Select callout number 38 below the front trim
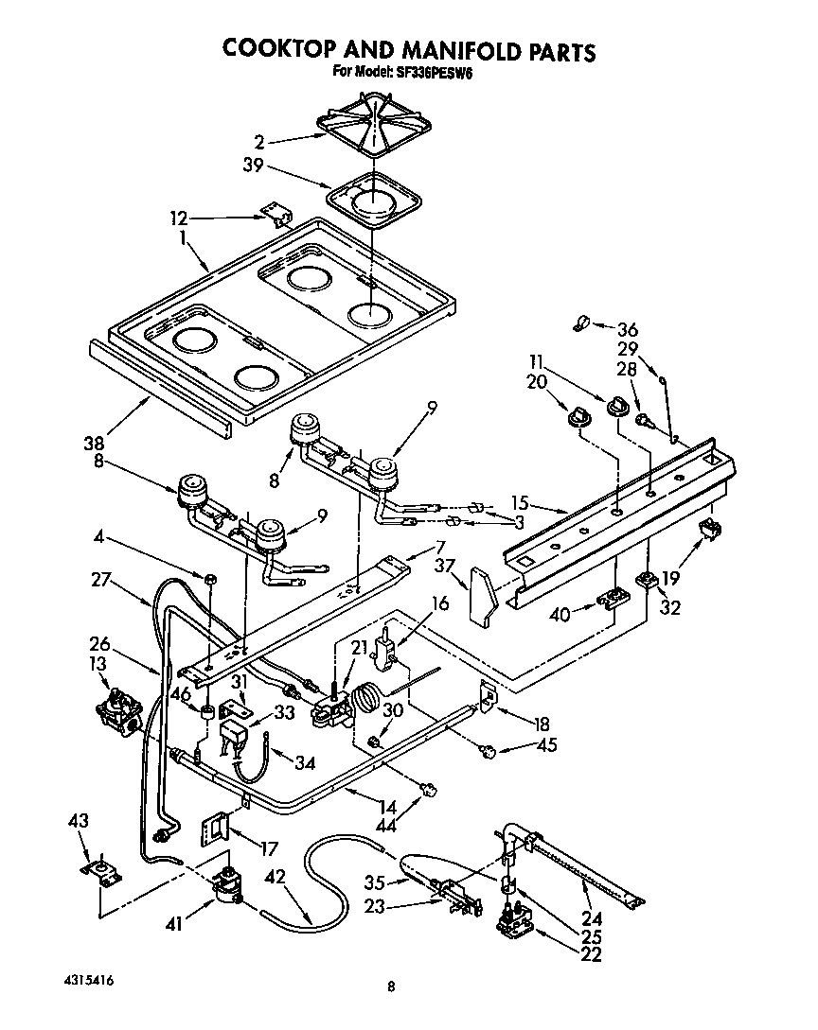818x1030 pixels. tap(94, 442)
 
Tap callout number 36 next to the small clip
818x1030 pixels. tap(627, 330)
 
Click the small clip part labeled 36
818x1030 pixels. tap(580, 324)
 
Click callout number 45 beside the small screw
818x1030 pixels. tap(546, 745)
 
